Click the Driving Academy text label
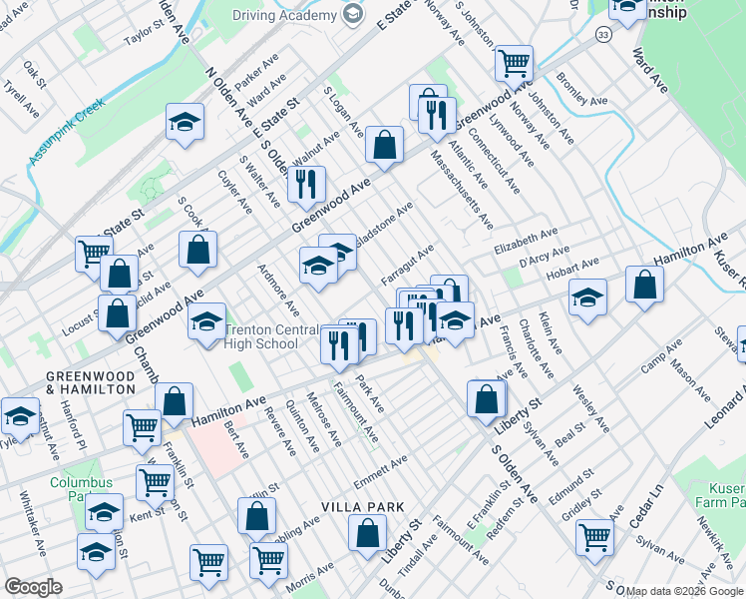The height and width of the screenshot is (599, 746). click(x=284, y=15)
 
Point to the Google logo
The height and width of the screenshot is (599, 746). click(x=33, y=587)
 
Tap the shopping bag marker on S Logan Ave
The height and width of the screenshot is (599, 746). click(x=384, y=146)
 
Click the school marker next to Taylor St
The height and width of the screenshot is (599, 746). click(x=185, y=123)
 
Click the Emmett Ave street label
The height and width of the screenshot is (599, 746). click(x=381, y=466)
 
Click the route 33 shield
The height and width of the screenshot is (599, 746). click(x=602, y=36)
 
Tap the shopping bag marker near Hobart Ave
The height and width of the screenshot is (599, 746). click(x=644, y=286)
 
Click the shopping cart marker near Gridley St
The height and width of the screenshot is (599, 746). click(x=594, y=537)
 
